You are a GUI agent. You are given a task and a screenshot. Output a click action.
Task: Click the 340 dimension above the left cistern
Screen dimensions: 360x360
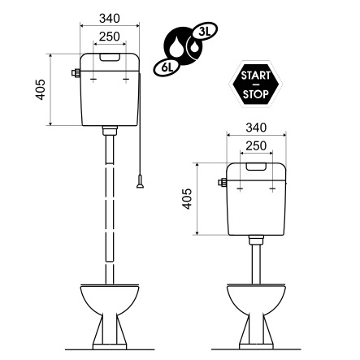[110, 19]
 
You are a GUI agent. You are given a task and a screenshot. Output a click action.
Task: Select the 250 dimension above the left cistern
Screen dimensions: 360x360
[110, 37]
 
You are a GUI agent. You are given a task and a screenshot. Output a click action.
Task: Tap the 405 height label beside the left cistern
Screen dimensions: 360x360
[41, 89]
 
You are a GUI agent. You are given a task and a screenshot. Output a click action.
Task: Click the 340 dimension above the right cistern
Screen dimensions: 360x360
[256, 128]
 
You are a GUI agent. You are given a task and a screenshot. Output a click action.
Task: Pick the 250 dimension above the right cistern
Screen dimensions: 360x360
[256, 146]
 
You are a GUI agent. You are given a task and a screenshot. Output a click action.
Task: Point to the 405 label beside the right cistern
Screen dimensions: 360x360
[187, 199]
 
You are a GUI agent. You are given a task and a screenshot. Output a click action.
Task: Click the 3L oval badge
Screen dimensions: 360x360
[204, 32]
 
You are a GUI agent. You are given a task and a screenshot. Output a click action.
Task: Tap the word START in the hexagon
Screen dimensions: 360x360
[256, 75]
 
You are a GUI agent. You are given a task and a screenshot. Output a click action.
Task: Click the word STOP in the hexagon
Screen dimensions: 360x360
[256, 94]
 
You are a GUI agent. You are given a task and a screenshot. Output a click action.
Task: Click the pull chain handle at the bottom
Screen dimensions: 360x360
[140, 182]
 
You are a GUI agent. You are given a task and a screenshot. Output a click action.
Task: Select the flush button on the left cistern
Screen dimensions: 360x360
[110, 57]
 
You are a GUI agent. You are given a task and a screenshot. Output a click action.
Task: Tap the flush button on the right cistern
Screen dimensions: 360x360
[256, 167]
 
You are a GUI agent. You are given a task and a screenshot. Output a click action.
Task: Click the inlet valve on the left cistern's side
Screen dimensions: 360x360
[76, 73]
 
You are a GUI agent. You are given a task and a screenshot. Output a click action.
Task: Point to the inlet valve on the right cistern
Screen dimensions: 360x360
[223, 182]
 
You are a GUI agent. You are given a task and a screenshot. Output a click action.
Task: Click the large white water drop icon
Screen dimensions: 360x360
[176, 46]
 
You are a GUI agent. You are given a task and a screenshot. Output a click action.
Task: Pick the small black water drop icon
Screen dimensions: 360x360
[194, 46]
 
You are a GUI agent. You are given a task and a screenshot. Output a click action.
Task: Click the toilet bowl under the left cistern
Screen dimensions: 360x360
[110, 316]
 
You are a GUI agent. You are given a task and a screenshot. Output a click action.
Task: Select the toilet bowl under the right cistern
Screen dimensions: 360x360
[256, 316]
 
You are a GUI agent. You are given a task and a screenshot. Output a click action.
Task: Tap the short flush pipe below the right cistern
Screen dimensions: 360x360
[256, 259]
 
